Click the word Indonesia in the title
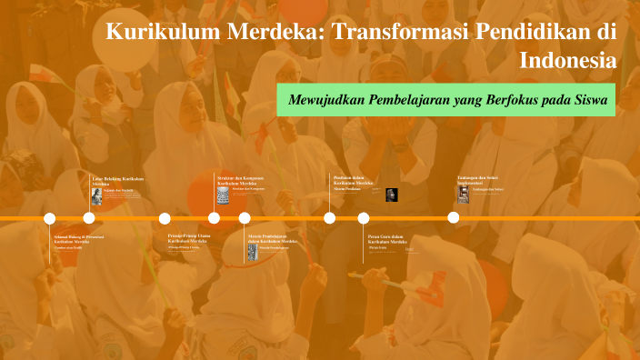pyautogui.click(x=568, y=61)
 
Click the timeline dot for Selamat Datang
pyautogui.click(x=50, y=218)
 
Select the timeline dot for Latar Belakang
pyautogui.click(x=89, y=218)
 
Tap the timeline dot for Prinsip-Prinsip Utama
pyautogui.click(x=165, y=218)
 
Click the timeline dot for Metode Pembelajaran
pyautogui.click(x=245, y=218)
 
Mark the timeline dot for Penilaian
pyautogui.click(x=329, y=218)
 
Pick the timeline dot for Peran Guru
pyautogui.click(x=364, y=218)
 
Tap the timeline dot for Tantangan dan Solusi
pyautogui.click(x=453, y=218)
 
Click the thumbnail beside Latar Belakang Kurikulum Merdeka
pyautogui.click(x=96, y=195)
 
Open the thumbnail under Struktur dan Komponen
pyautogui.click(x=224, y=195)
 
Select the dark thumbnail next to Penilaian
pyautogui.click(x=391, y=194)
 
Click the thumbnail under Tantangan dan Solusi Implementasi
pyautogui.click(x=464, y=193)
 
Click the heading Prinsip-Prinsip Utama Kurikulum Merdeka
pyautogui.click(x=189, y=237)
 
